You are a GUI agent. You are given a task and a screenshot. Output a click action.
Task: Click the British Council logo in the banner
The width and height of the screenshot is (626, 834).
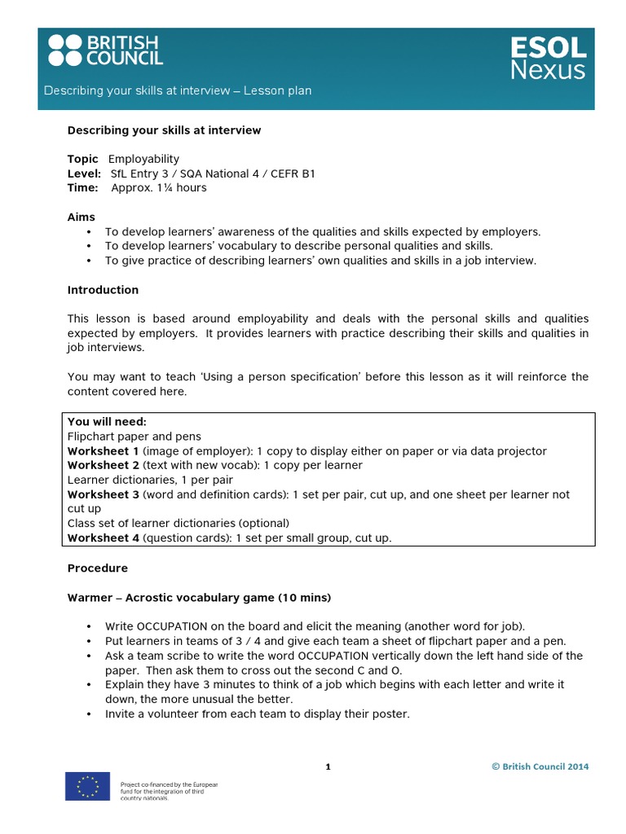coord(105,50)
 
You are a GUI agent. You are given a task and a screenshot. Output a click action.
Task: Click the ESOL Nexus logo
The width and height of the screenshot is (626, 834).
coord(548,58)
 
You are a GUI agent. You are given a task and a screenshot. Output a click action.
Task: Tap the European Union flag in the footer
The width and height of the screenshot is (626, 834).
coord(87,785)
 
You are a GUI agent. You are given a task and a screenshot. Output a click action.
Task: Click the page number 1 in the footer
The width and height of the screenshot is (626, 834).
coord(328,766)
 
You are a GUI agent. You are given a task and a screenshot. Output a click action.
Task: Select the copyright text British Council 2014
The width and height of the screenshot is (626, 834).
coord(540,766)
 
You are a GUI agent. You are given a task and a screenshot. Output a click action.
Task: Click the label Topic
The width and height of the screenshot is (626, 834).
coord(82,159)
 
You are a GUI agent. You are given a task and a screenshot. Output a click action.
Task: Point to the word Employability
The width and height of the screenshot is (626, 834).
coord(143,159)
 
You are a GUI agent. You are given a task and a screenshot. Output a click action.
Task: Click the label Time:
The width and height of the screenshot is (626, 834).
coord(82,187)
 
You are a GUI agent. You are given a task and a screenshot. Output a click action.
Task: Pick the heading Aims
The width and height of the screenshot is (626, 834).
coord(81,217)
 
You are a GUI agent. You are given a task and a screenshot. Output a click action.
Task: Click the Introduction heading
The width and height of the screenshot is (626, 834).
coord(103,290)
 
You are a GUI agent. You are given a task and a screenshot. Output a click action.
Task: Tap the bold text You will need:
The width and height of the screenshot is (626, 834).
coord(107,422)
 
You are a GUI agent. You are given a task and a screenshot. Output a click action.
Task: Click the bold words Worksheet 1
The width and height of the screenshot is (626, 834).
coord(104,451)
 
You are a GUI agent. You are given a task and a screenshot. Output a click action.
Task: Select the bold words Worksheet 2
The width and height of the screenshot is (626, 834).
coord(104,465)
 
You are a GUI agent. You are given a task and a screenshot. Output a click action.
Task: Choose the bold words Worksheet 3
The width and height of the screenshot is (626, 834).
coord(104,494)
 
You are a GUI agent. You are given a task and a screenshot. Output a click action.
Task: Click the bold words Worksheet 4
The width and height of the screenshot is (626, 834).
coord(104,538)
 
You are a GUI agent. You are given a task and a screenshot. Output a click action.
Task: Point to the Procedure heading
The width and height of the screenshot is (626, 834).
coord(97,568)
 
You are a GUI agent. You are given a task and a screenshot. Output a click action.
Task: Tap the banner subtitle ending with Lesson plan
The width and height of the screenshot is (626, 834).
coord(178,90)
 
